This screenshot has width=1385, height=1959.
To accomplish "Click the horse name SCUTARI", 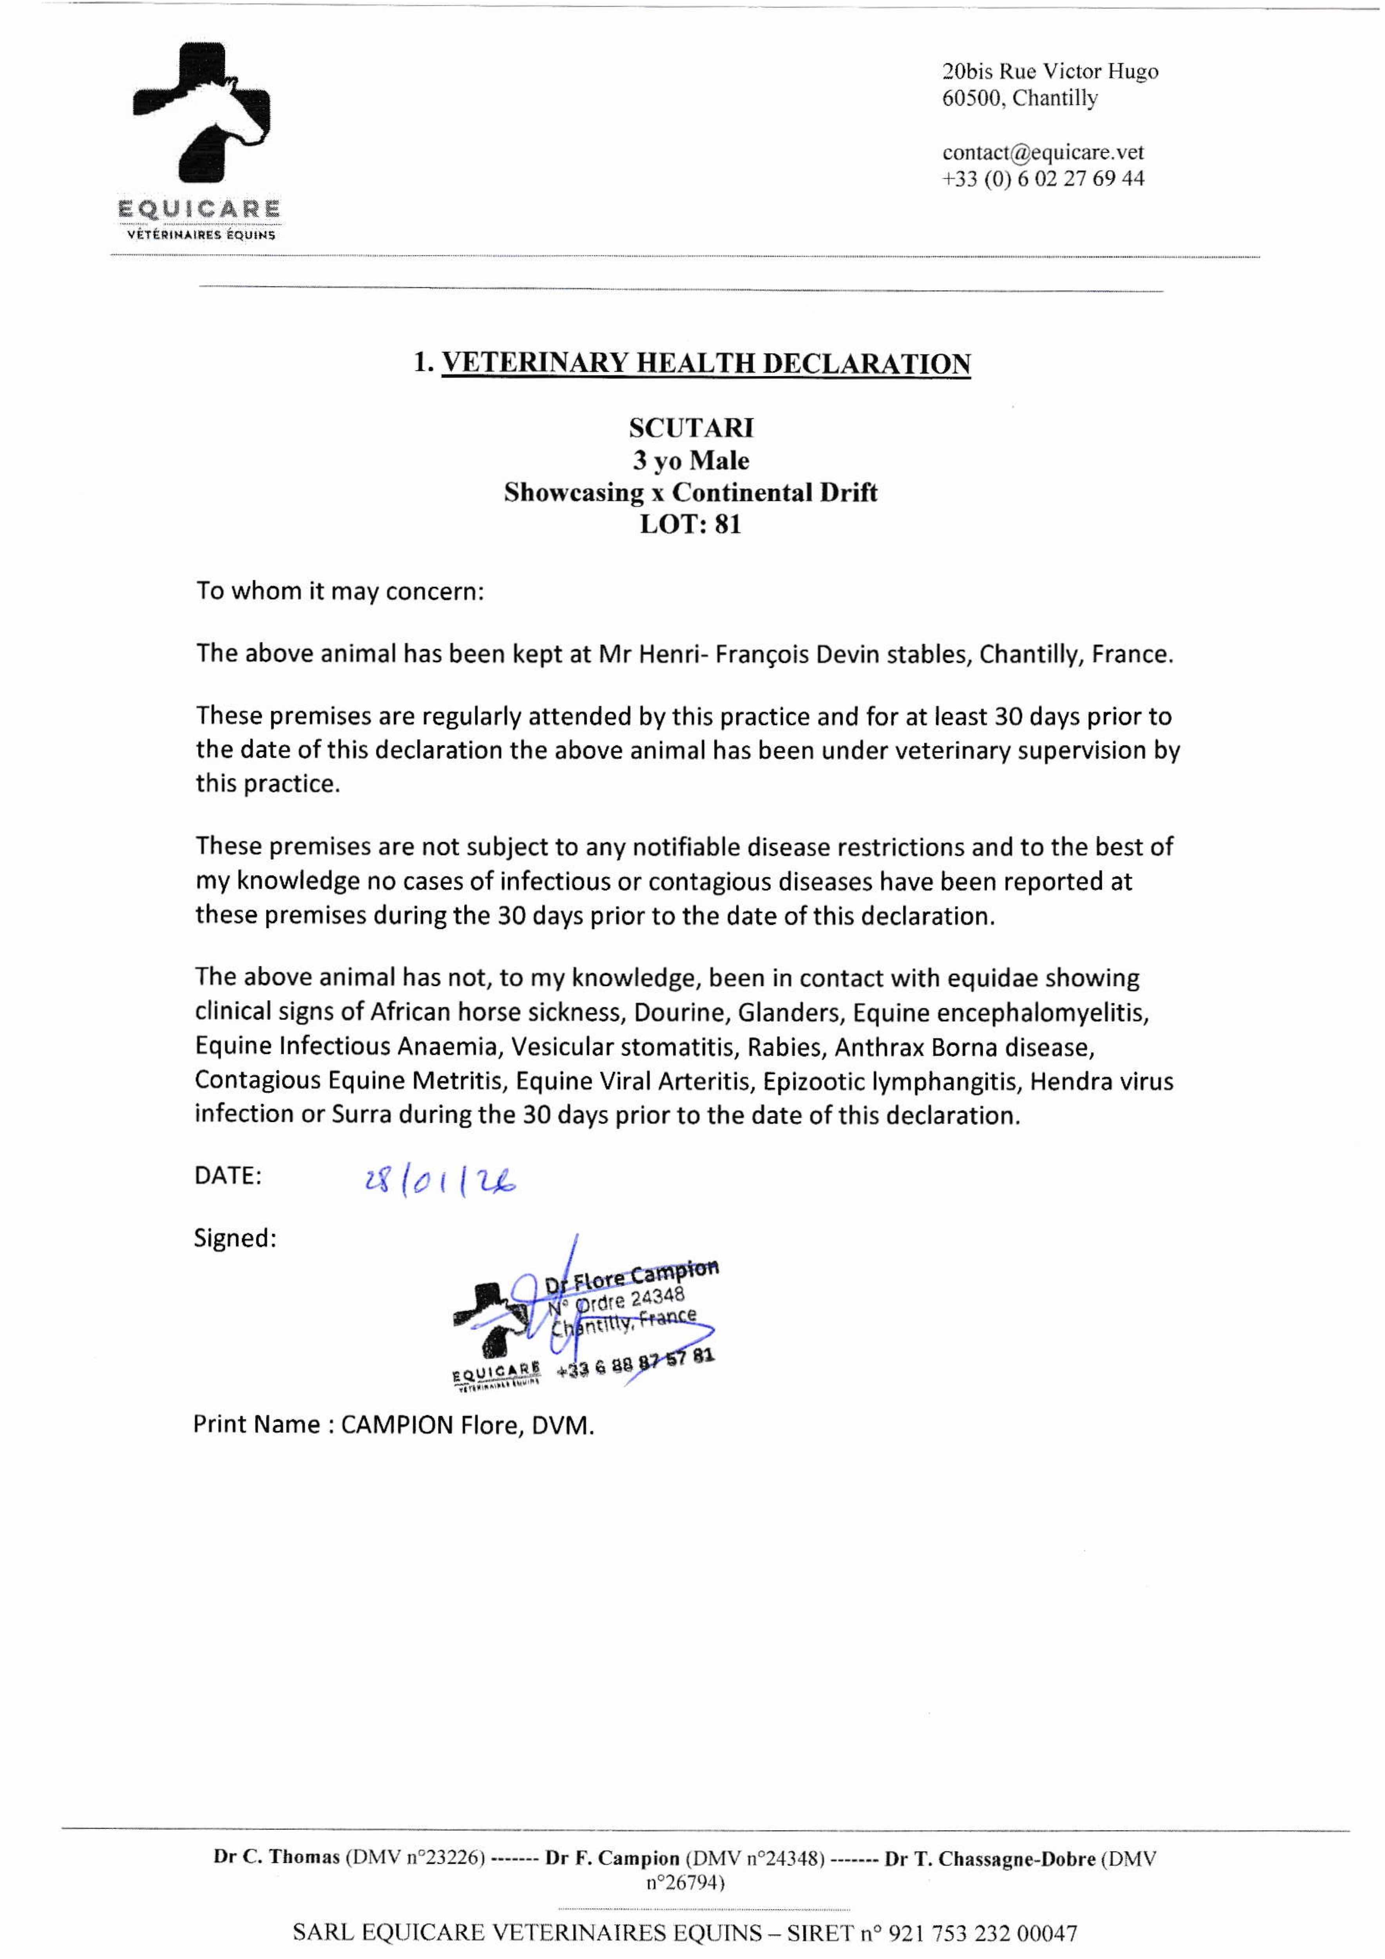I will pyautogui.click(x=691, y=427).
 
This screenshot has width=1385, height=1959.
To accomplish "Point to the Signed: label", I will pyautogui.click(x=235, y=1238).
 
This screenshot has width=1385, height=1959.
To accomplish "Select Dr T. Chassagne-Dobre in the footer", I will pyautogui.click(x=990, y=1858).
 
